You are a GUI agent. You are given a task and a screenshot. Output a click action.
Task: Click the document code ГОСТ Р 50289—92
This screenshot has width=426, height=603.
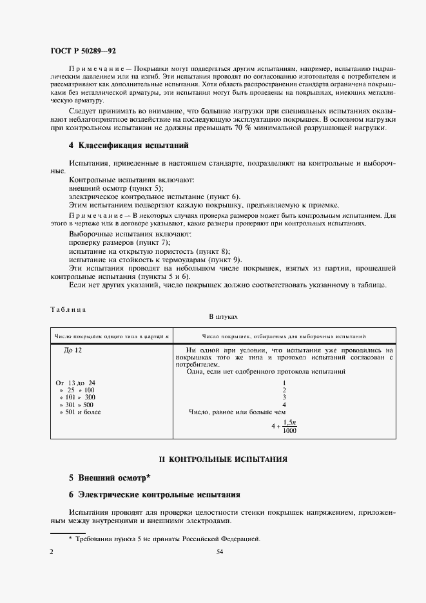pyautogui.click(x=82, y=50)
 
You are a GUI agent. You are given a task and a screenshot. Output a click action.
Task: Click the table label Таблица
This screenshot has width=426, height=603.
pyautogui.click(x=68, y=309)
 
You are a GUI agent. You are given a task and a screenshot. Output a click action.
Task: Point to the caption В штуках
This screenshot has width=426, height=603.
pyautogui.click(x=223, y=317)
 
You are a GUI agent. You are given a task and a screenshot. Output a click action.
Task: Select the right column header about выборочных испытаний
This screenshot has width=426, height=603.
pyautogui.click(x=284, y=336)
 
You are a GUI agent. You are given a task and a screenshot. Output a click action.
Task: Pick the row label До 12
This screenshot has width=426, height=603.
pyautogui.click(x=73, y=350)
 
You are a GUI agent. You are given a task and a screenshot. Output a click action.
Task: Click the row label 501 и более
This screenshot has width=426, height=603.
pyautogui.click(x=80, y=412)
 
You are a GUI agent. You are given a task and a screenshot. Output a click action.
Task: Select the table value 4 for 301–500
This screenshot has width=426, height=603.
pyautogui.click(x=284, y=405)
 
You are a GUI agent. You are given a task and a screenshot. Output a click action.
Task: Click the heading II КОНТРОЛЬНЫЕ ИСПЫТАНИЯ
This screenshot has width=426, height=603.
pyautogui.click(x=223, y=459)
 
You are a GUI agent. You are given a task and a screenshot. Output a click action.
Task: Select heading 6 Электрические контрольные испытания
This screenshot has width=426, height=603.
pyautogui.click(x=155, y=495)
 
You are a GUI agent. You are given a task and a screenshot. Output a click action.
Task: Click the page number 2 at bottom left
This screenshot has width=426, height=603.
pyautogui.click(x=52, y=552)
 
